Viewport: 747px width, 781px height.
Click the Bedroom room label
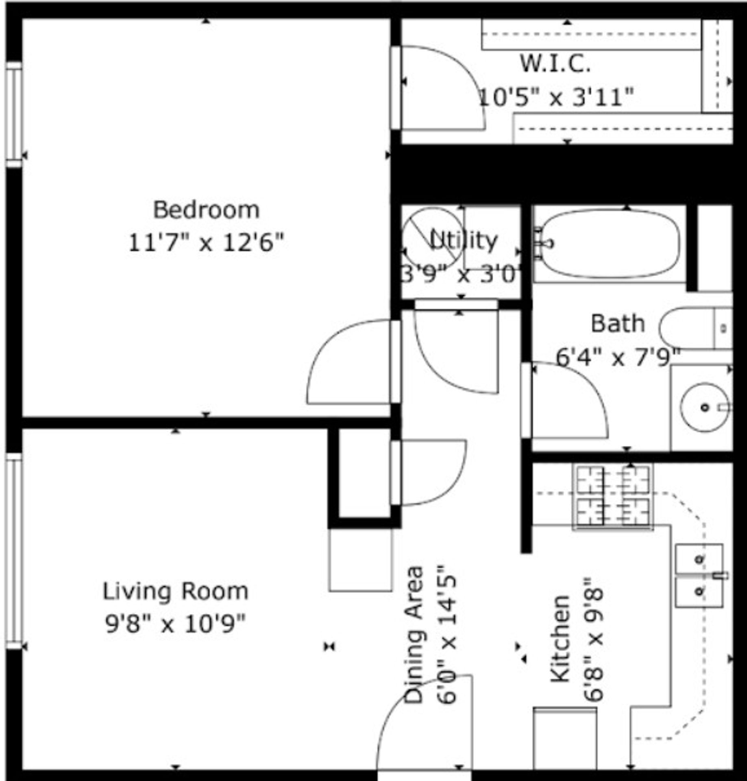tap(206, 210)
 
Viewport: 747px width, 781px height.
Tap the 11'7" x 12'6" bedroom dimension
tap(206, 243)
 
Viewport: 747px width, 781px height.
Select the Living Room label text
tap(175, 591)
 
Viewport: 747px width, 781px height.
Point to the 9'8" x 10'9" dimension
tap(176, 624)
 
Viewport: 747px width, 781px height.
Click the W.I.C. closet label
tap(555, 64)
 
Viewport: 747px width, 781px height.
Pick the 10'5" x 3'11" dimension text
tap(556, 98)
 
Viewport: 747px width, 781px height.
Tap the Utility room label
tap(464, 240)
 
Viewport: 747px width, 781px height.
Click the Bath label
tap(618, 324)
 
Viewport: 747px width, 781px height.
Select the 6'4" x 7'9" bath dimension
tap(618, 358)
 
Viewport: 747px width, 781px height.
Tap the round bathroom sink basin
tap(705, 407)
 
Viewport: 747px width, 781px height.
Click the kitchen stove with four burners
tap(613, 497)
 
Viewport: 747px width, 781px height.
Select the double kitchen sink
tap(699, 576)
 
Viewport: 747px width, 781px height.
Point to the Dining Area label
tap(414, 635)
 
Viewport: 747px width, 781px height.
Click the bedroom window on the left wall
tap(14, 115)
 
